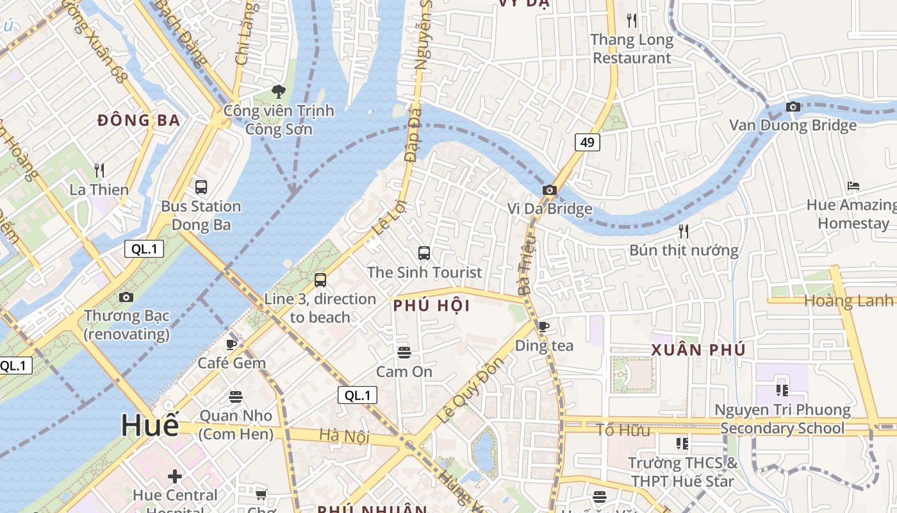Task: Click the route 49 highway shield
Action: [x=587, y=142]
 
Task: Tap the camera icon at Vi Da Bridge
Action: [x=549, y=190]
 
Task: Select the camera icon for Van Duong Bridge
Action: [x=793, y=106]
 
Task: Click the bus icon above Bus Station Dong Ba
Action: [x=201, y=187]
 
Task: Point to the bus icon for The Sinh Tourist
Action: [x=424, y=253]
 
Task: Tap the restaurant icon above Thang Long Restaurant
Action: [x=632, y=21]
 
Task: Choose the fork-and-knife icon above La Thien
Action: [x=99, y=171]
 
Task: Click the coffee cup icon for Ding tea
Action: [x=544, y=326]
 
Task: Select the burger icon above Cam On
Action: [x=404, y=352]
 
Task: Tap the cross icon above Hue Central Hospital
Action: [x=174, y=476]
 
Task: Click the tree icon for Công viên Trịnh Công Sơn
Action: [x=278, y=92]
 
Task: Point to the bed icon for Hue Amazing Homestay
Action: [x=853, y=186]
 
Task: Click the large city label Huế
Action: [x=150, y=425]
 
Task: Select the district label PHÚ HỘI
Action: [x=432, y=306]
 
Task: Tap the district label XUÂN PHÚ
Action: [x=698, y=350]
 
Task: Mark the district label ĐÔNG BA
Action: [x=138, y=120]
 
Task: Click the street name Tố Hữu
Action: [x=623, y=430]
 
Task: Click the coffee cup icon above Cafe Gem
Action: [x=232, y=344]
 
